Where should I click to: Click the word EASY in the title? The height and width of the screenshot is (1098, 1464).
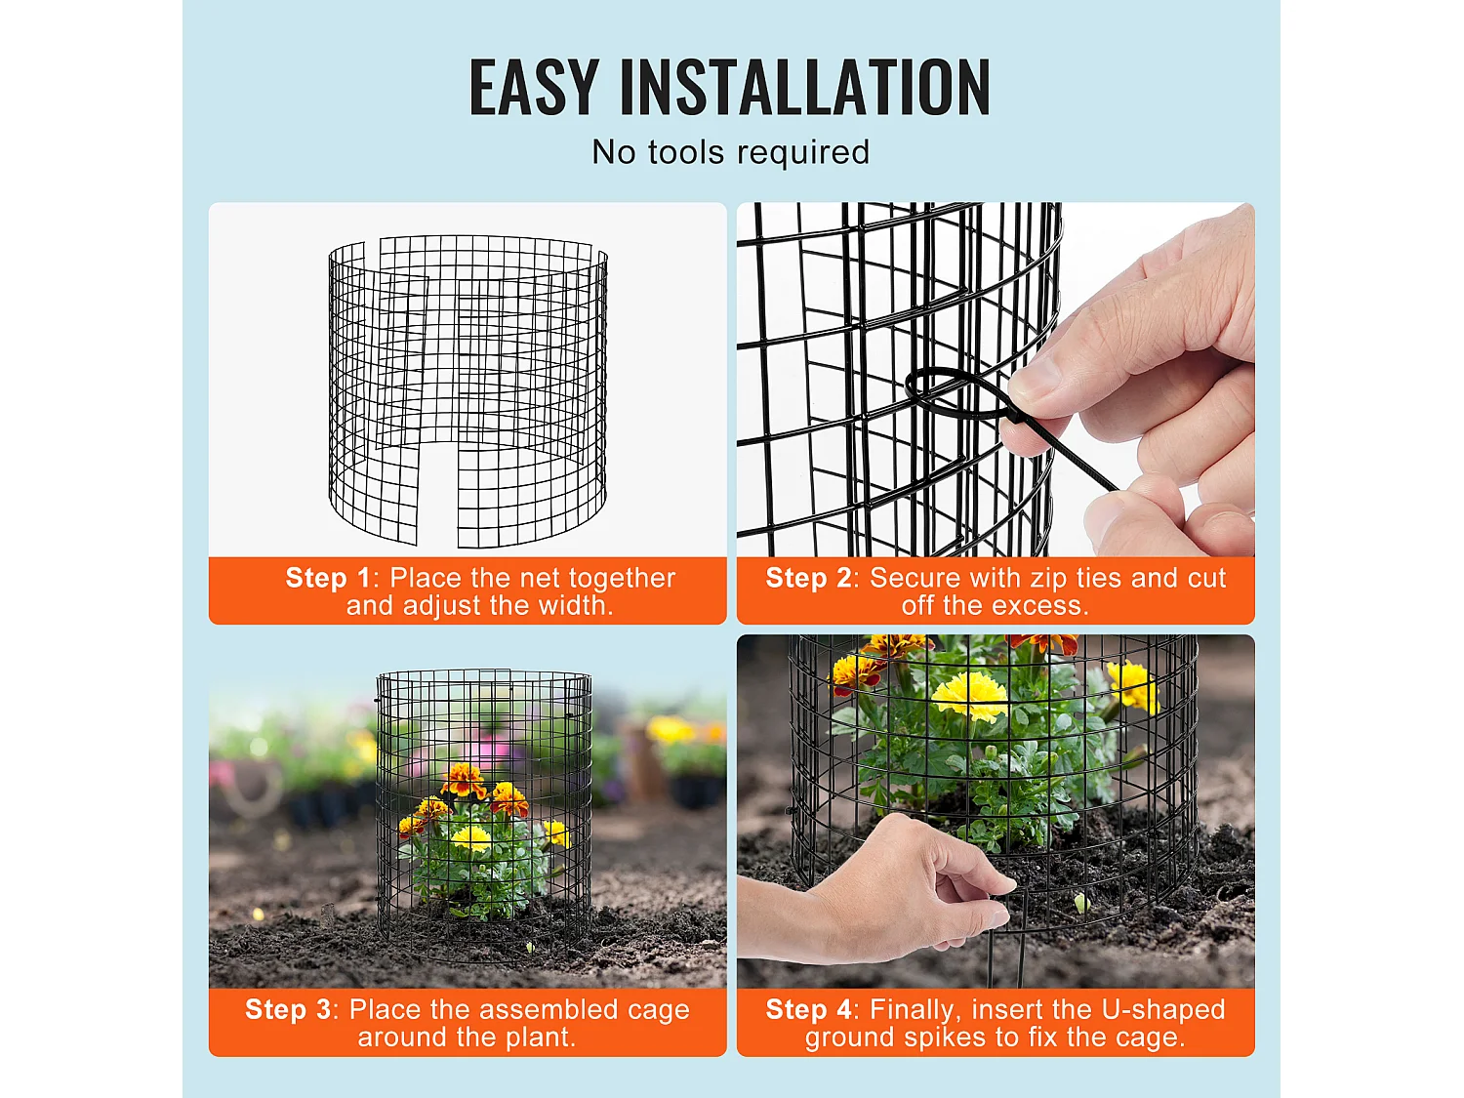[x=533, y=88]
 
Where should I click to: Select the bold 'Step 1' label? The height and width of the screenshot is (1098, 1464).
[x=327, y=578]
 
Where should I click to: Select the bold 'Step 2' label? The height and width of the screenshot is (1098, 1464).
[x=808, y=578]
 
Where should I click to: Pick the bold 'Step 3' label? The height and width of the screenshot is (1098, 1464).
[x=287, y=1009]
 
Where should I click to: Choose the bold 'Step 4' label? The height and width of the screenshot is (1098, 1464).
[x=808, y=1009]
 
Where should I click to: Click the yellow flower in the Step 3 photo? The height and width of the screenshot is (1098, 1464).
[x=471, y=837]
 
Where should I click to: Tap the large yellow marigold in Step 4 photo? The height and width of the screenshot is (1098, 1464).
[x=969, y=695]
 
